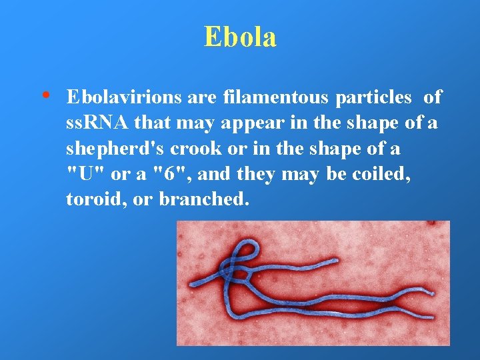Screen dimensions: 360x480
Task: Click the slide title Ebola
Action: point(240,37)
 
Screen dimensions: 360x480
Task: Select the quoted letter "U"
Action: point(82,174)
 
